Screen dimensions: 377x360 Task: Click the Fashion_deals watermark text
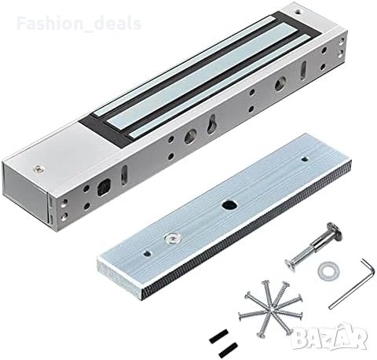coord(79,24)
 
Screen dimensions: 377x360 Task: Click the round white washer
coord(328,271)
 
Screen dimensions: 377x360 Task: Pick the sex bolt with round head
coord(313,247)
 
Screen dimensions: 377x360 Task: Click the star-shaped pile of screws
coord(271,308)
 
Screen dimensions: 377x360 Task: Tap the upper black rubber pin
coord(219,336)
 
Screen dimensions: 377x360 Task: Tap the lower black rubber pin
coord(228,348)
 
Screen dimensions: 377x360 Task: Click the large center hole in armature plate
coord(228,204)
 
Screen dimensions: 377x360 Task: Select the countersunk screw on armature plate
coord(172,237)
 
